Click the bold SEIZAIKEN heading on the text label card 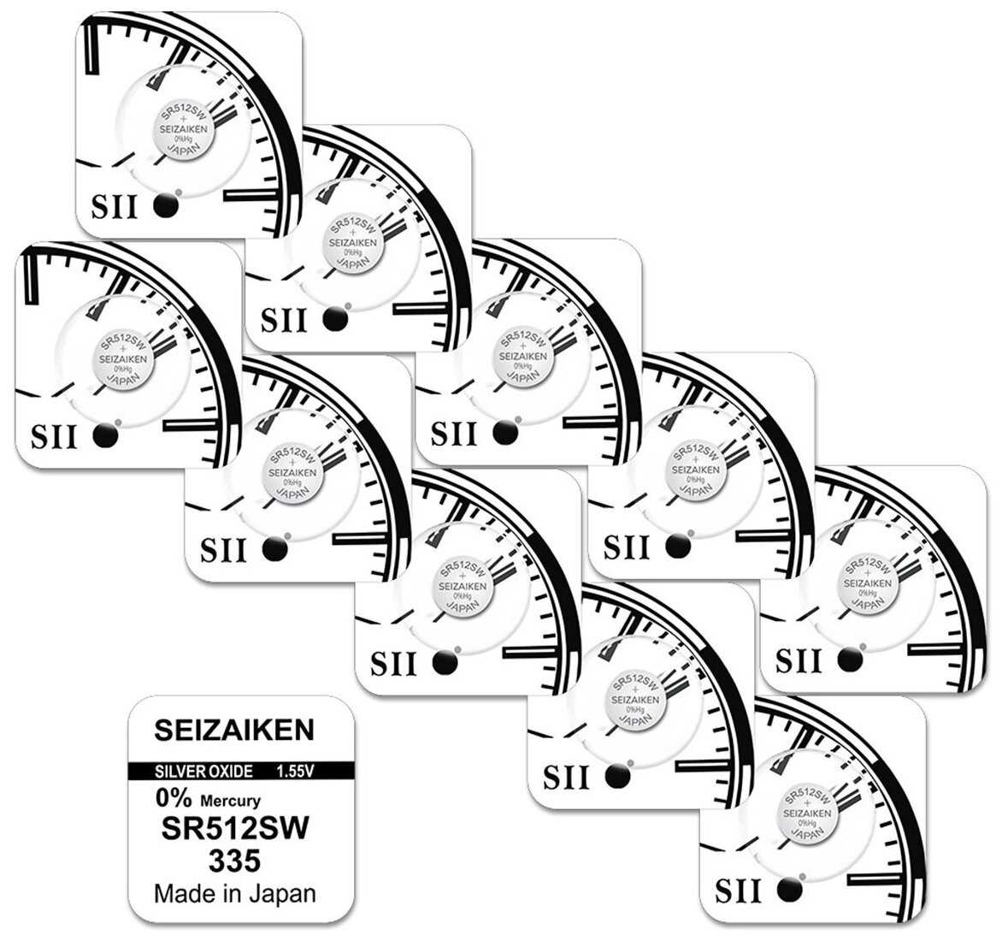coord(234,730)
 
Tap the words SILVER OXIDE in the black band coord(203,772)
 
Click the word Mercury coord(230,802)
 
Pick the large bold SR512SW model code coord(235,830)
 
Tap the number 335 coord(235,861)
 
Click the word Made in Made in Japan coord(184,894)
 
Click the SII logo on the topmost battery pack coord(115,206)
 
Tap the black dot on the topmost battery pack coord(167,205)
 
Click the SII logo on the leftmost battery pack coord(54,436)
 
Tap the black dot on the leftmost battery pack coord(104,435)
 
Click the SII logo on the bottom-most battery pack coord(736,891)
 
